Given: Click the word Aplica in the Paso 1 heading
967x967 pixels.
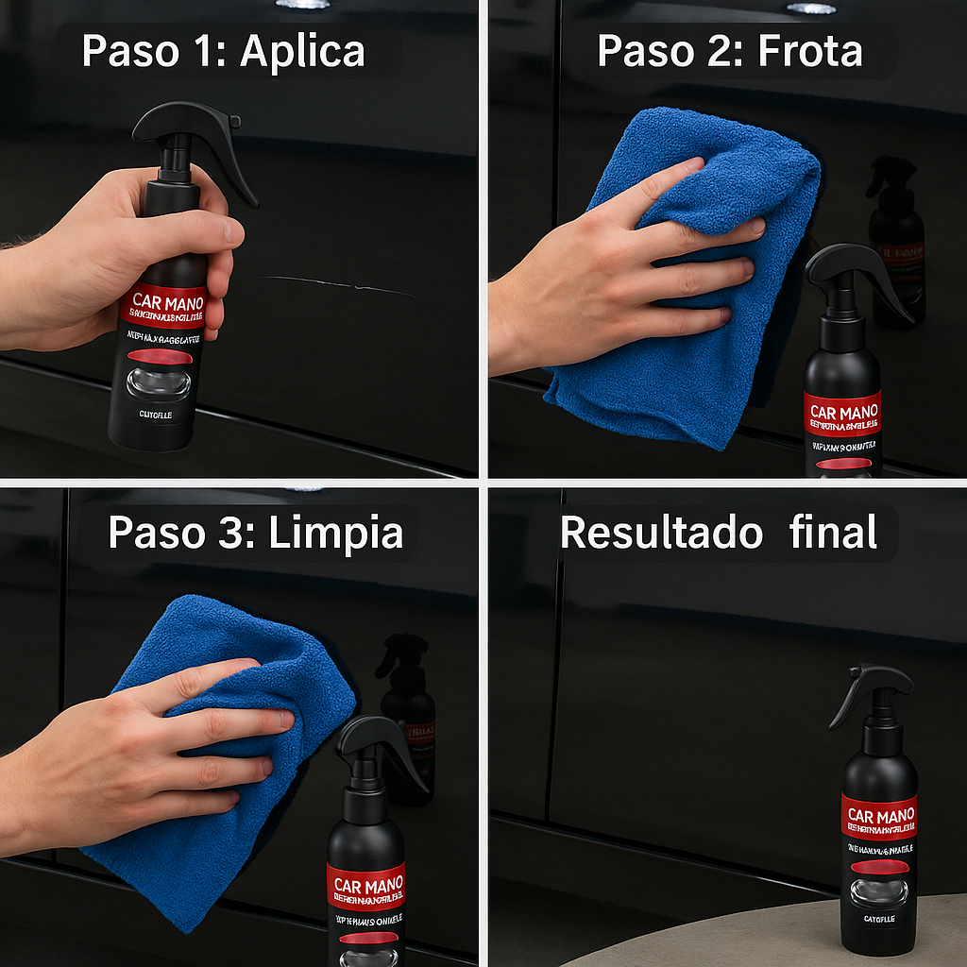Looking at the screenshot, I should pos(302,51).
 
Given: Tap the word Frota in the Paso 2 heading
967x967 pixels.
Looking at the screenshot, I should pos(809,51).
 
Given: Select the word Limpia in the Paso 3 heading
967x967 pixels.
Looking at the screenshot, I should pos(335,533).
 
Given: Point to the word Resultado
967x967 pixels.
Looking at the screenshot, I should pos(661,533).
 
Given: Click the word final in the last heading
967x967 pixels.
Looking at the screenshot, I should pos(833,533).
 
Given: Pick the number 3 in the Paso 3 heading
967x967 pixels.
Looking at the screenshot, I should pos(233,533).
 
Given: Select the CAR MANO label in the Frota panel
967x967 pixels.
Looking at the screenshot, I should pos(843,413).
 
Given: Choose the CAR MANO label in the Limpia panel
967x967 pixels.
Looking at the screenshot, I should pos(366,886).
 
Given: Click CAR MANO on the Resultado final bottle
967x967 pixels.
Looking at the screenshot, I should pos(879,816).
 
